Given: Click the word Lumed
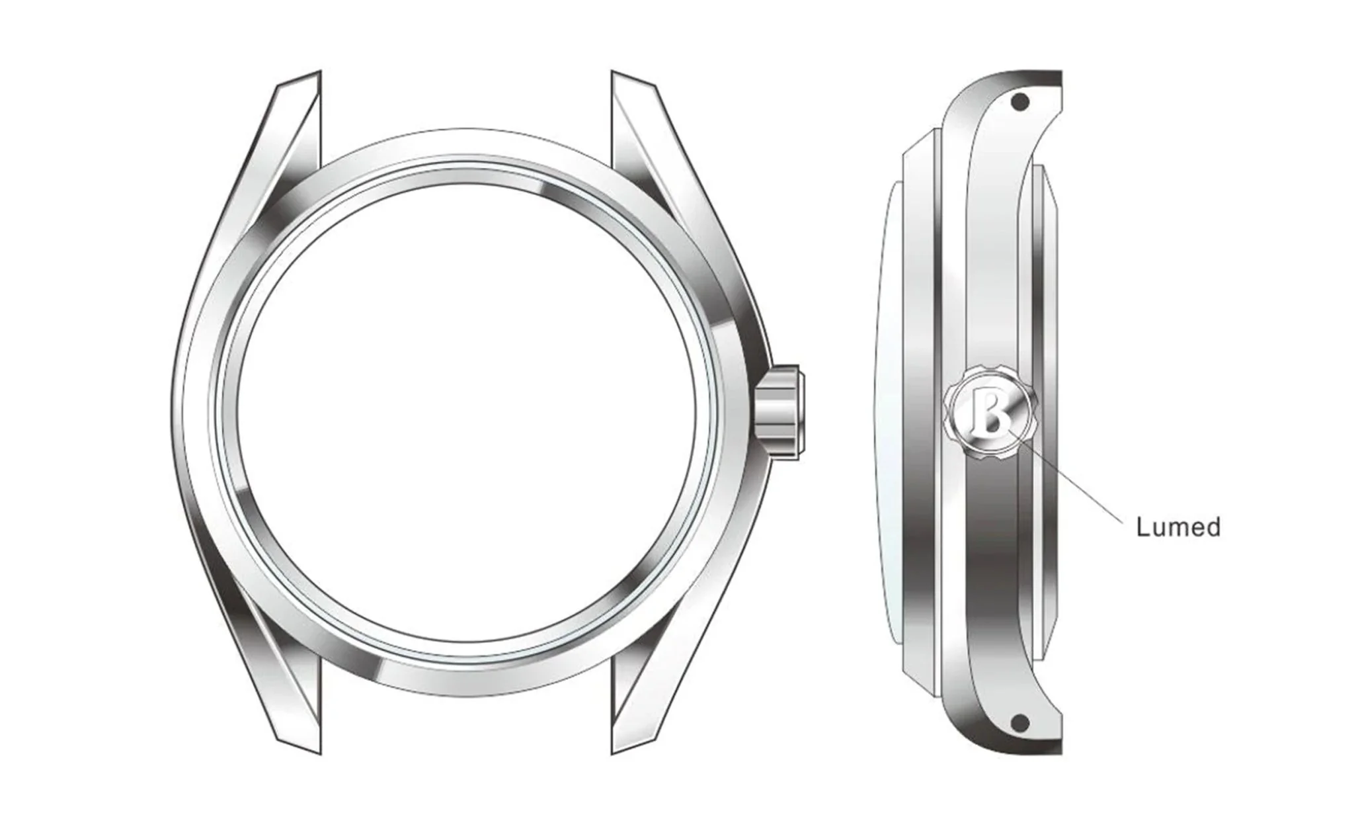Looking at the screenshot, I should (1177, 527).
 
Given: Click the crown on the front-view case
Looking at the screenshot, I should (780, 411).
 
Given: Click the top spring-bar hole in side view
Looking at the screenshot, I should (1021, 102).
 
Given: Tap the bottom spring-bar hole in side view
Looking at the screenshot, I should (1021, 720).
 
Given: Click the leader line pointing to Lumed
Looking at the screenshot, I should (1071, 483).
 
